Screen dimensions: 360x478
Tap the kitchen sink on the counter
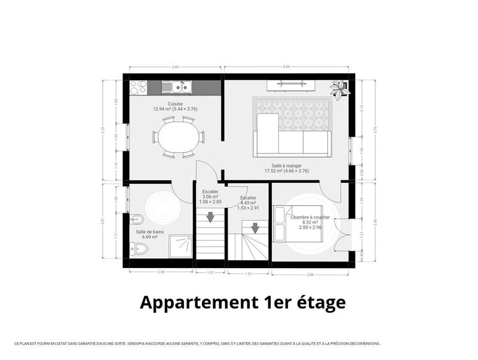[x=177, y=88]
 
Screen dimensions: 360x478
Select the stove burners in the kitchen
[x=138, y=88]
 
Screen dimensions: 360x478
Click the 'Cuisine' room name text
[x=175, y=103]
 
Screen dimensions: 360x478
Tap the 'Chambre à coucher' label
[x=310, y=217]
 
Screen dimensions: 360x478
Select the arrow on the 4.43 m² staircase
[x=255, y=227]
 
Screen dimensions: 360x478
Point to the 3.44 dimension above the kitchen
[x=175, y=67]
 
